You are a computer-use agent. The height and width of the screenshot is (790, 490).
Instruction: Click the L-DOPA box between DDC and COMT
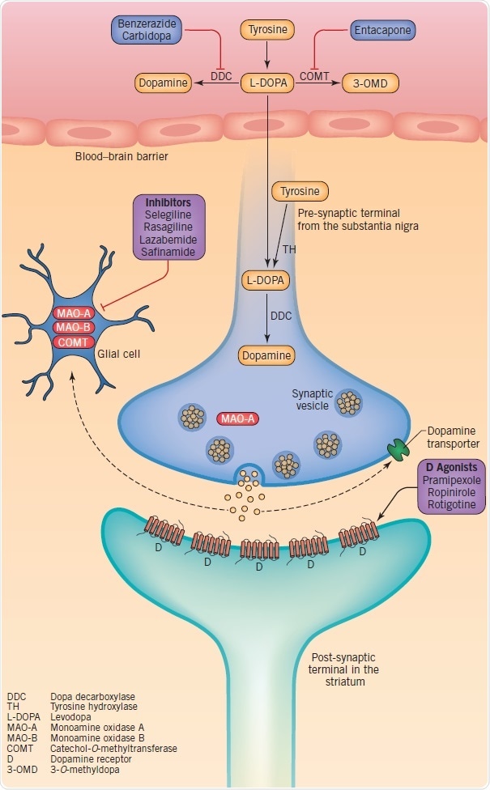coord(266,83)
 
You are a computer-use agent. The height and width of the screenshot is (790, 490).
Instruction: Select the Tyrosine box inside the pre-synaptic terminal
coord(300,192)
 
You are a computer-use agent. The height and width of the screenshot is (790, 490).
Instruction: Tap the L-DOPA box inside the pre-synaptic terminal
coord(266,281)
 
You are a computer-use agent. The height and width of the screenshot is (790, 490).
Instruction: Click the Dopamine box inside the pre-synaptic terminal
coord(266,355)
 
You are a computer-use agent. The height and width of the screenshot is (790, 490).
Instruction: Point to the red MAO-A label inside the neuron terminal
coord(237,418)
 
